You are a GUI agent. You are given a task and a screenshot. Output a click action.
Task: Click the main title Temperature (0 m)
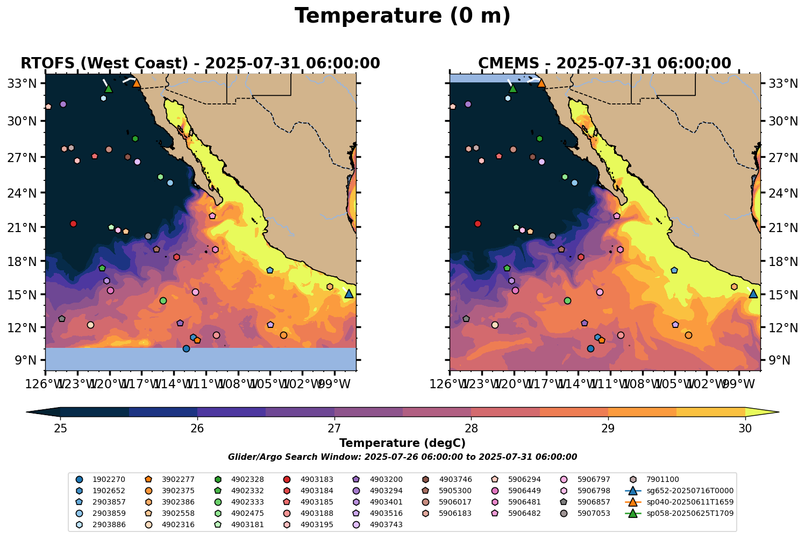click(x=402, y=16)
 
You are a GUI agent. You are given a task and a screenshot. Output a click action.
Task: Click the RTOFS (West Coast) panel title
click(x=200, y=64)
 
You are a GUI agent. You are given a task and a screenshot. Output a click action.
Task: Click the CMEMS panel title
click(x=604, y=64)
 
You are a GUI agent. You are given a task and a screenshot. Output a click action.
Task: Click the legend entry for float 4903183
click(x=317, y=479)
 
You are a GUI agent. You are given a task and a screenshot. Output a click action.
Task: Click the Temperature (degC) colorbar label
click(x=402, y=443)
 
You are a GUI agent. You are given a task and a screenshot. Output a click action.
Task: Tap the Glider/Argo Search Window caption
click(x=402, y=457)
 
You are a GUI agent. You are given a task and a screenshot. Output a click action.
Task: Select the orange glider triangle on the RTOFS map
click(x=137, y=83)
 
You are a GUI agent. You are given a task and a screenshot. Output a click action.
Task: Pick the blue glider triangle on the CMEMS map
click(x=753, y=293)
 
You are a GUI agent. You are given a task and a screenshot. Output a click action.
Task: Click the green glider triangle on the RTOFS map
click(x=109, y=88)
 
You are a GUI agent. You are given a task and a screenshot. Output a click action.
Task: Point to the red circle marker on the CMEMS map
click(x=478, y=223)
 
